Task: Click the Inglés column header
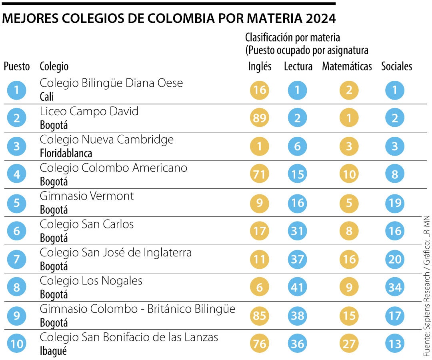[x=260, y=66]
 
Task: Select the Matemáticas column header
[x=347, y=66]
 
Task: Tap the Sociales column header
[x=396, y=66]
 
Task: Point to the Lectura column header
[x=298, y=66]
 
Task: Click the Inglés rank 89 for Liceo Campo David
[x=260, y=118]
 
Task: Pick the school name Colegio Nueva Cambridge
[x=106, y=140]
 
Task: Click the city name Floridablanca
[x=66, y=153]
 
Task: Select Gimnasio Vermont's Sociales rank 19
[x=395, y=203]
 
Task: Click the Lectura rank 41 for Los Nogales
[x=298, y=288]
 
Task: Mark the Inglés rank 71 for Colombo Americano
[x=260, y=174]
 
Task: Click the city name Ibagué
[x=53, y=351]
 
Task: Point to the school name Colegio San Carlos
[x=86, y=224]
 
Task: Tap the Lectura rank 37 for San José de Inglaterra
[x=298, y=260]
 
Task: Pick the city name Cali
[x=47, y=97]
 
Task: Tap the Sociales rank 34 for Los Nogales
[x=395, y=288]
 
